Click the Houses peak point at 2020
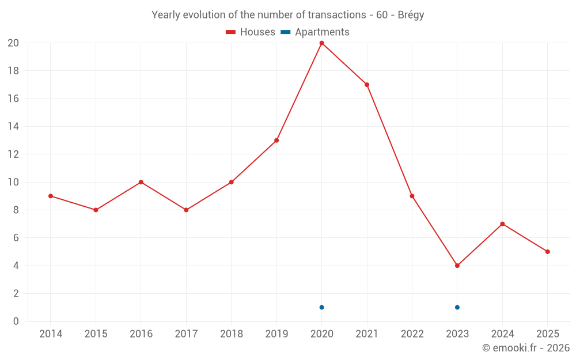321,43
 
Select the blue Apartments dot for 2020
321,307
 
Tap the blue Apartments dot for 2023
457,307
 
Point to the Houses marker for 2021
367,85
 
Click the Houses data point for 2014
51,196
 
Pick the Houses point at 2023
457,266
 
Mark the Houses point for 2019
276,141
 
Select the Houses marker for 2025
547,252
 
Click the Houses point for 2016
141,182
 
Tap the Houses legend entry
251,32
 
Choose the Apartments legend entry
315,32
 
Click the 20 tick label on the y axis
13,43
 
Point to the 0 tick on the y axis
16,321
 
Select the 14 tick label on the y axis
13,127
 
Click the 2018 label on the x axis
231,334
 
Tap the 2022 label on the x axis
412,334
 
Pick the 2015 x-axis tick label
96,334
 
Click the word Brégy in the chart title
411,15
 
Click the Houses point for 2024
502,224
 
